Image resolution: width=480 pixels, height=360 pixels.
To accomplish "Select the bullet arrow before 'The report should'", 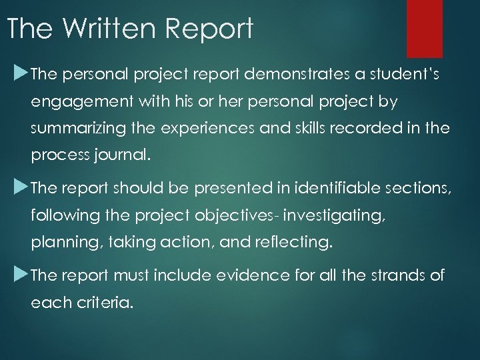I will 19,188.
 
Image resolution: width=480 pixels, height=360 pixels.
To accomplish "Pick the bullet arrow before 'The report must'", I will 19,275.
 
